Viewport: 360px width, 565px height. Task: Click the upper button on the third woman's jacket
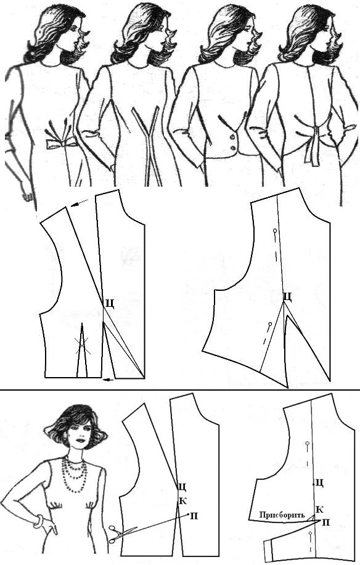[233, 137]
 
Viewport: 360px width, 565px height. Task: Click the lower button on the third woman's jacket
[234, 148]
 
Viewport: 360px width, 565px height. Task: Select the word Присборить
[282, 515]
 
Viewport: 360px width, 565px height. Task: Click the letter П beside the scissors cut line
[194, 516]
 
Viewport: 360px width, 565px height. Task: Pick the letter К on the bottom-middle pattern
[183, 500]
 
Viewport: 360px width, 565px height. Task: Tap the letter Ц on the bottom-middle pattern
[182, 487]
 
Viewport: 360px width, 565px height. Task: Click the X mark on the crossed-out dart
[82, 346]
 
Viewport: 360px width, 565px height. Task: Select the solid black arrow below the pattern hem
[108, 379]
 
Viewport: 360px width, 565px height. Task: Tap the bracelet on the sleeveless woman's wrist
[39, 521]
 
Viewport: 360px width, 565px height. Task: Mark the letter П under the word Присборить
[325, 522]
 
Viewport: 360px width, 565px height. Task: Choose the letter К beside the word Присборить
[319, 510]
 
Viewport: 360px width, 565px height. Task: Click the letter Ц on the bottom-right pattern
[319, 482]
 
